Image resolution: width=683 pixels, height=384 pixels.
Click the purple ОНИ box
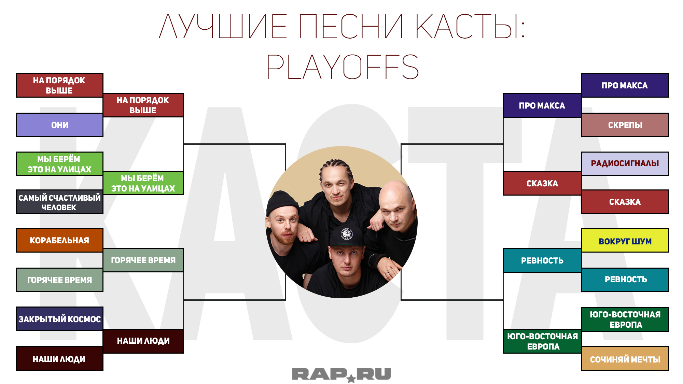tap(59, 125)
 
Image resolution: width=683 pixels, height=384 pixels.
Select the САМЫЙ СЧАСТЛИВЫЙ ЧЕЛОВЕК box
tap(59, 202)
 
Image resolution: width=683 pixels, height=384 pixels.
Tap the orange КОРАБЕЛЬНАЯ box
tap(59, 240)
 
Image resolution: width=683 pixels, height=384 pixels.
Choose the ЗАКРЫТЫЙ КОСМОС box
tap(59, 319)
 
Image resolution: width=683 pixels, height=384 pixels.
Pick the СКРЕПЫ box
tap(625, 125)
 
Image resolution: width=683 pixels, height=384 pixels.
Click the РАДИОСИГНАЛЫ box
tap(625, 163)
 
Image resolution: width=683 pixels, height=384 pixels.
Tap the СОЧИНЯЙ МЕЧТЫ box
tap(625, 358)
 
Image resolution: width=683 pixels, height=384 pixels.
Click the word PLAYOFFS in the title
tap(343, 67)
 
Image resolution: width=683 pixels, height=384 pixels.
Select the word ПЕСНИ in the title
tap(351, 26)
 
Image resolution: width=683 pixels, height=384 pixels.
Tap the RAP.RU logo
tap(341, 375)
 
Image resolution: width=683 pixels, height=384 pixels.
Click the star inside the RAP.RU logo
tap(351, 378)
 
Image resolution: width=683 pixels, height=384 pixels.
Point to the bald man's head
tap(397, 201)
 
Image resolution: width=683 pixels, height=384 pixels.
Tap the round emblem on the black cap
tap(347, 234)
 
